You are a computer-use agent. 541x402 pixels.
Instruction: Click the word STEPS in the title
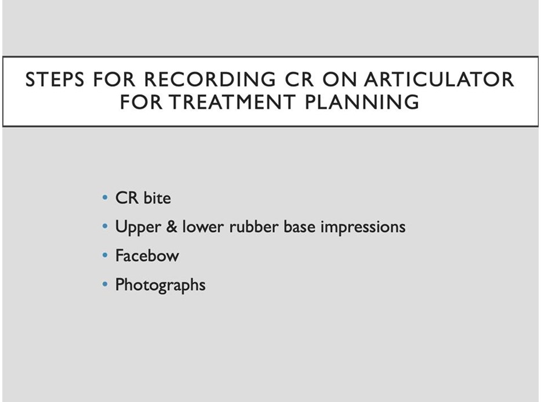[x=55, y=79]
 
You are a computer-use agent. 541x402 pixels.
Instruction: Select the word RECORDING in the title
[x=210, y=79]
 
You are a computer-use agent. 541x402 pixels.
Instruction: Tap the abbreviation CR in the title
[x=299, y=79]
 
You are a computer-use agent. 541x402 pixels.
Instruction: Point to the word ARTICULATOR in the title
[x=439, y=79]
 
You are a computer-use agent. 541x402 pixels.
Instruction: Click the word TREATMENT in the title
[x=232, y=102]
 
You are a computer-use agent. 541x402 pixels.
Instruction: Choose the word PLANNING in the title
[x=362, y=102]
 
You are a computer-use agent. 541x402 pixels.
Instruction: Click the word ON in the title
[x=339, y=79]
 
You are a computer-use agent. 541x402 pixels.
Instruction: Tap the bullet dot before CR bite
[x=105, y=198]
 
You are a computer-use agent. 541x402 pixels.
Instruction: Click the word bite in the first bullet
[x=157, y=198]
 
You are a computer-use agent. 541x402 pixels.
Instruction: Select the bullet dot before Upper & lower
[x=105, y=227]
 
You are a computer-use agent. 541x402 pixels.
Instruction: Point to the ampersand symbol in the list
[x=172, y=227]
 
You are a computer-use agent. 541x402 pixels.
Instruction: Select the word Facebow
[x=147, y=256]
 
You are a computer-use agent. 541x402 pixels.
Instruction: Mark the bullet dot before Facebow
[x=105, y=256]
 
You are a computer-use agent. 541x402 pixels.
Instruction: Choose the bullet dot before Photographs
[x=105, y=285]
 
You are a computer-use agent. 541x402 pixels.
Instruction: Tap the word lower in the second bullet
[x=203, y=227]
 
